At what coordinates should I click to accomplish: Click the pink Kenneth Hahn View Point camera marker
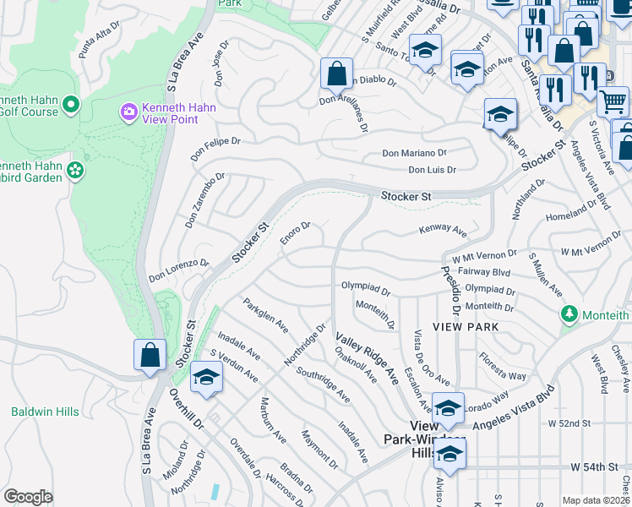(128, 112)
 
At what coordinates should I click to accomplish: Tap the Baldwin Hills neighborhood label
(45, 412)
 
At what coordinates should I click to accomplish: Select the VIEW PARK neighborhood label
(465, 326)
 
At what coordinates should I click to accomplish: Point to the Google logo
(27, 497)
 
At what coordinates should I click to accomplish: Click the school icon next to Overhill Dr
(204, 378)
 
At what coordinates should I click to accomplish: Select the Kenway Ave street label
(443, 231)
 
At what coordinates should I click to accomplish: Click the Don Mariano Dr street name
(414, 153)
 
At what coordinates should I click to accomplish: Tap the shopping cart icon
(613, 102)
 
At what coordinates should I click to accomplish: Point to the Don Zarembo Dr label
(205, 201)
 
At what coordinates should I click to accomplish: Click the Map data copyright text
(596, 500)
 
